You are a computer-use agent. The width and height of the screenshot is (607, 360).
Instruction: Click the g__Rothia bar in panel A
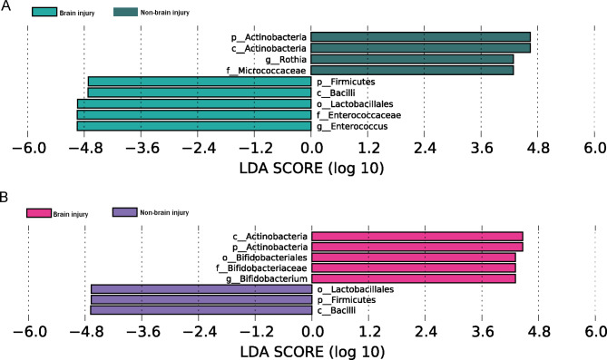click(412, 59)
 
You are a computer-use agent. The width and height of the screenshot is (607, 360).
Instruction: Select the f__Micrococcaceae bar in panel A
click(412, 71)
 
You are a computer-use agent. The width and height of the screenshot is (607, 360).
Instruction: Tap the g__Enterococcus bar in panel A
click(194, 126)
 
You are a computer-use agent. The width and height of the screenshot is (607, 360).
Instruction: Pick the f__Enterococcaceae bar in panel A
click(194, 115)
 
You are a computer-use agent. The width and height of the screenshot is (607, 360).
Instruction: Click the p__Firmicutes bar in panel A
click(200, 82)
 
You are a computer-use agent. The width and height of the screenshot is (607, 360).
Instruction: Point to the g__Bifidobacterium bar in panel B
click(414, 278)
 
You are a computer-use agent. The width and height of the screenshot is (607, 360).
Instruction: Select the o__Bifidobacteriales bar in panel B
click(414, 258)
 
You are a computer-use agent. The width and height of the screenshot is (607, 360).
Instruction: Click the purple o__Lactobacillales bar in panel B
click(201, 289)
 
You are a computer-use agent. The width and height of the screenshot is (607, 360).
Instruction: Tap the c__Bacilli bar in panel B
click(201, 310)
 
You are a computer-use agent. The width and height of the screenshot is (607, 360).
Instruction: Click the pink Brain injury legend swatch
click(39, 213)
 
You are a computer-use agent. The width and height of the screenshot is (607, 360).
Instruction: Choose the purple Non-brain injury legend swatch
click(124, 212)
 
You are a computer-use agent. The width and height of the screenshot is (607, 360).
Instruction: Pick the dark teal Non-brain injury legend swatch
click(125, 12)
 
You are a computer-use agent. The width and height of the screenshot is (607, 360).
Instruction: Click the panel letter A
click(5, 5)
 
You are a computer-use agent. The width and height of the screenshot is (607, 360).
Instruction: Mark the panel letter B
click(5, 198)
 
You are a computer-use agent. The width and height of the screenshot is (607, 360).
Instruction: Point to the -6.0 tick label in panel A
click(29, 148)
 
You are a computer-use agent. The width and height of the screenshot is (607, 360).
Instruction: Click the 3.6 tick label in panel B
click(483, 332)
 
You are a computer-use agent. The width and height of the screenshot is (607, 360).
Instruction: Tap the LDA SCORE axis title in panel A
click(311, 169)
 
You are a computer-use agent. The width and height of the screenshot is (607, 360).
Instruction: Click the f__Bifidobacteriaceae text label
click(261, 268)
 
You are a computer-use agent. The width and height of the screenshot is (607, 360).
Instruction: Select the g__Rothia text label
click(286, 60)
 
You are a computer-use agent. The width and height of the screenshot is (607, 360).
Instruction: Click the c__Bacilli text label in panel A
click(336, 92)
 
